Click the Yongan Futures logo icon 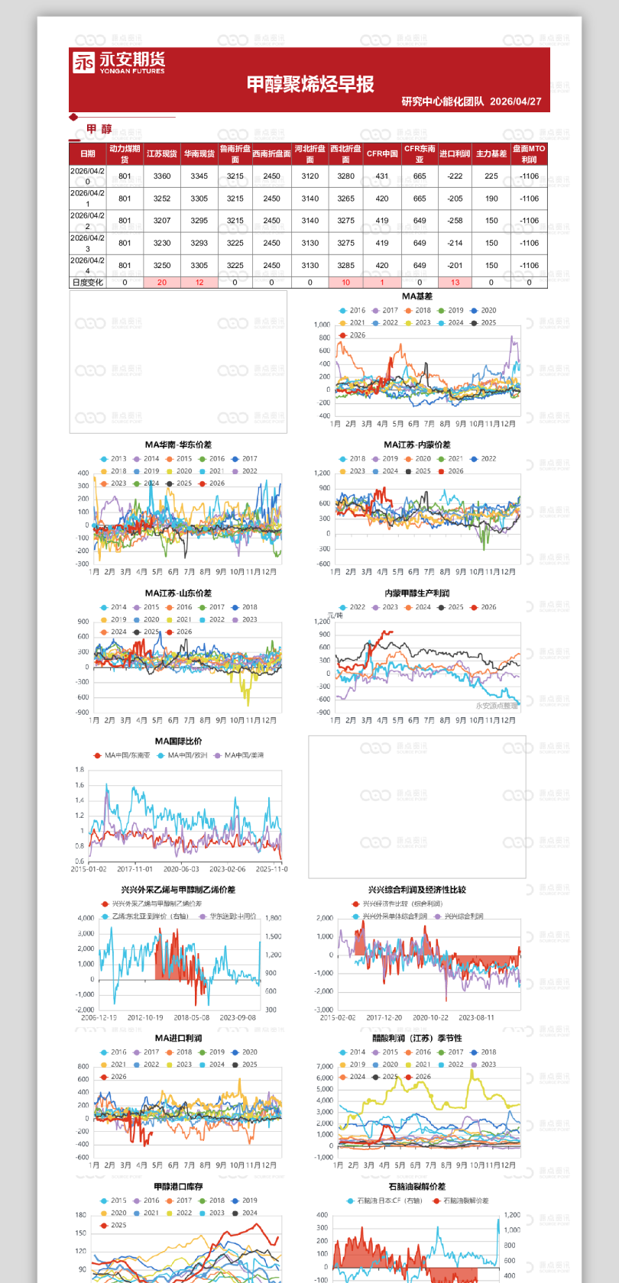(83, 63)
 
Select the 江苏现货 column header (162, 154)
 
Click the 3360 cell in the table (162, 176)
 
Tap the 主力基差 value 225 (491, 176)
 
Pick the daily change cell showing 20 (162, 283)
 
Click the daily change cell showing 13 (455, 283)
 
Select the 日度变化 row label (88, 283)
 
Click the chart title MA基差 (417, 296)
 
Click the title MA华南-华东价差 (178, 444)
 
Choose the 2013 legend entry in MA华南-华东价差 (114, 459)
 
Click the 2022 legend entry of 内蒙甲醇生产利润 (353, 607)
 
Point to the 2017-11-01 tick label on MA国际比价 (135, 869)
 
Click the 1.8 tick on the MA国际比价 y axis (79, 770)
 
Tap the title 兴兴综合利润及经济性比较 (417, 890)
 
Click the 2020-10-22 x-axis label (430, 1018)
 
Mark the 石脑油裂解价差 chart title (417, 1187)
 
